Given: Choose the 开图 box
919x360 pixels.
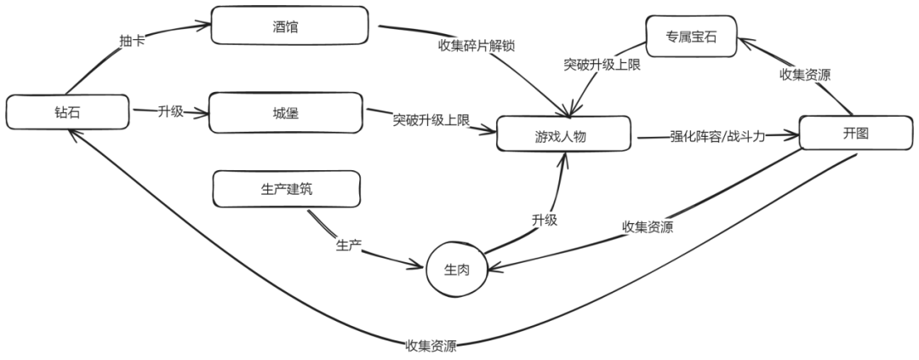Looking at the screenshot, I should coord(855,134).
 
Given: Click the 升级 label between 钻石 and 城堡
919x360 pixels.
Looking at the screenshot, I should coord(170,111).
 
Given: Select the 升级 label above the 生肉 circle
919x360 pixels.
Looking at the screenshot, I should coord(545,220).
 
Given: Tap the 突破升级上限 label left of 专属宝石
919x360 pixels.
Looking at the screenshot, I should coord(602,63).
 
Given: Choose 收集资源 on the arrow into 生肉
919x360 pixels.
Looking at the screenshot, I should coord(648,226).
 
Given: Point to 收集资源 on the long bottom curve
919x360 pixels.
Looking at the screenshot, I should coord(431,346).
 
